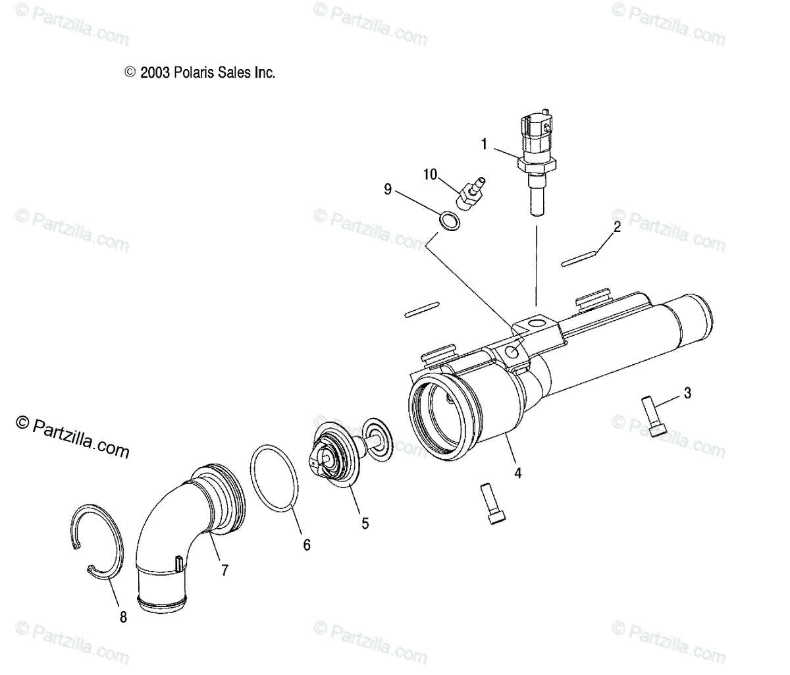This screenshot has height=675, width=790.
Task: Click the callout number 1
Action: pos(484,144)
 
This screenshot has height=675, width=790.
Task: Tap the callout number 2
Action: pos(617,228)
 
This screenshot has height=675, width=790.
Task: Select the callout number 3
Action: pos(687,394)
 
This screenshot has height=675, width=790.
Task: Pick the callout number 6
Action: pos(306,545)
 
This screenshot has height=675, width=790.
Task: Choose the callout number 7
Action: pos(224,570)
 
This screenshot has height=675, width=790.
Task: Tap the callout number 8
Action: pos(123,617)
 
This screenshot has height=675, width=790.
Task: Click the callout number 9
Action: pos(388,190)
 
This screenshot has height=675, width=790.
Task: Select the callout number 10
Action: pos(430,174)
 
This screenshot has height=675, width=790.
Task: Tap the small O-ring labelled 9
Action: pos(449,221)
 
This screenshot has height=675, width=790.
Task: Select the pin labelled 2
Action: pos(579,257)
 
